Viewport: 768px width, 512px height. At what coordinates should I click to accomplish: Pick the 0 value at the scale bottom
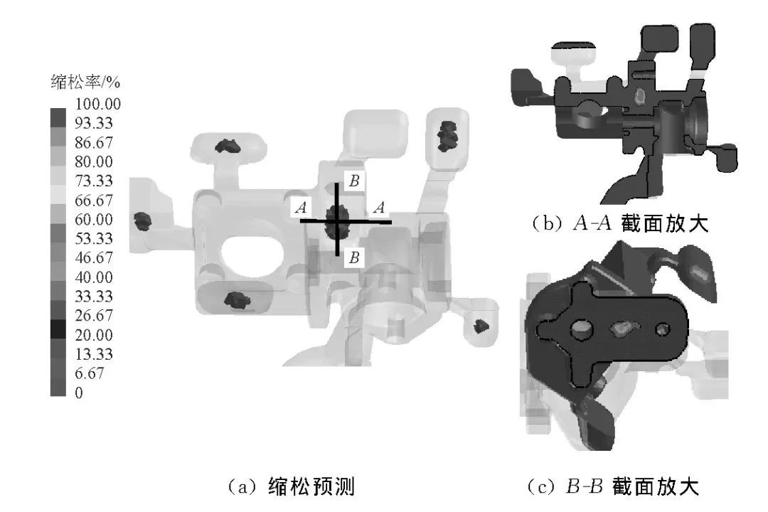pyautogui.click(x=78, y=392)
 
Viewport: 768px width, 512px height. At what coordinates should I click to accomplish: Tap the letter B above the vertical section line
pyautogui.click(x=353, y=181)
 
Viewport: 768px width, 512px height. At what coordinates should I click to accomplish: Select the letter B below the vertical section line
pyautogui.click(x=353, y=257)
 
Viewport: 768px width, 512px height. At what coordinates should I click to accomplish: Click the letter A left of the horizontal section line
pyautogui.click(x=301, y=208)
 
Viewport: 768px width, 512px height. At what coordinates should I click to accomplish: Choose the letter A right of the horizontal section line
pyautogui.click(x=380, y=208)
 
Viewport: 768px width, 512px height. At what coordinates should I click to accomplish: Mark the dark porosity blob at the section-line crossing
pyautogui.click(x=336, y=221)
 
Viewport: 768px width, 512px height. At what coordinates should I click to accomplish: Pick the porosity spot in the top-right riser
pyautogui.click(x=447, y=135)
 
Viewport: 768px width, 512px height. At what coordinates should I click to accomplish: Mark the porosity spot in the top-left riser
pyautogui.click(x=229, y=146)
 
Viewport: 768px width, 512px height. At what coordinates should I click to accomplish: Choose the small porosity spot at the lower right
pyautogui.click(x=481, y=326)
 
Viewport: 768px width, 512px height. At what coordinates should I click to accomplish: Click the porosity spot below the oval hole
pyautogui.click(x=235, y=301)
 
